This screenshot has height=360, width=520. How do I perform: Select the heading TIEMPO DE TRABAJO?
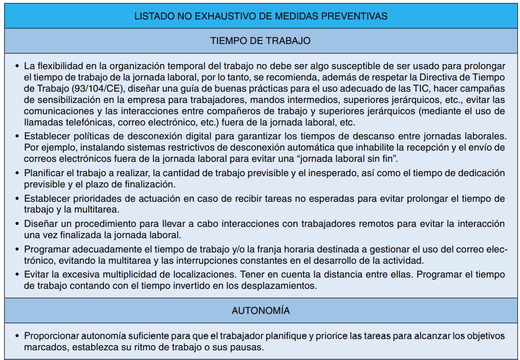click(260, 41)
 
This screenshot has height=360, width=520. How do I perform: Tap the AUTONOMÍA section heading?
click(260, 311)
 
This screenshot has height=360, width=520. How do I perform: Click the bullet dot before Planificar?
click(17, 173)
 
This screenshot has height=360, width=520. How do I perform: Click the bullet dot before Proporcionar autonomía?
click(17, 336)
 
